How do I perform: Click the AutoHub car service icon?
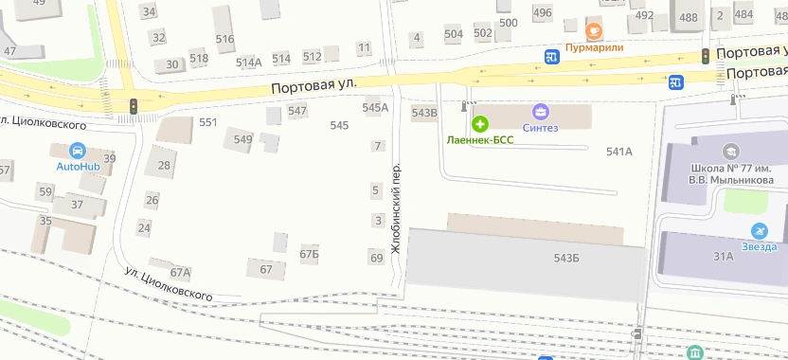click(78, 150)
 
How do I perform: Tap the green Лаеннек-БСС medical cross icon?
click(480, 124)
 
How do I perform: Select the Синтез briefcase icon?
click(541, 112)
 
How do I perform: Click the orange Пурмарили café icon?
click(594, 27)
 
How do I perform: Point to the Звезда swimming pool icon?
click(759, 230)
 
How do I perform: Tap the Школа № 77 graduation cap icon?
click(730, 151)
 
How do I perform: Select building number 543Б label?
click(566, 259)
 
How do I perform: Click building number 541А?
click(618, 152)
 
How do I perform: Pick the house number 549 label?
click(243, 140)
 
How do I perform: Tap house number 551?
click(208, 122)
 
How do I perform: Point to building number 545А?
click(376, 108)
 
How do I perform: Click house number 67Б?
click(310, 254)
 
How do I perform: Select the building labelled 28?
click(165, 166)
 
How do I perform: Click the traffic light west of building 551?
click(134, 106)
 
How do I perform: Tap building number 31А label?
click(724, 256)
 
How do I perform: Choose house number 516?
click(224, 39)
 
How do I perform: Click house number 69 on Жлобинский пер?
click(376, 258)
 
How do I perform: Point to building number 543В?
click(425, 113)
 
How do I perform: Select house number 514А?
click(249, 63)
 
